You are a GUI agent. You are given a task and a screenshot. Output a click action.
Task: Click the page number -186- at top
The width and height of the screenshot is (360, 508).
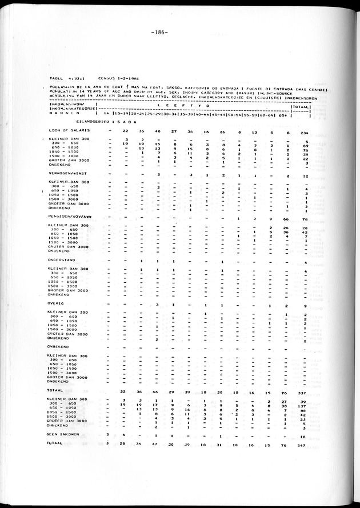(x=159, y=33)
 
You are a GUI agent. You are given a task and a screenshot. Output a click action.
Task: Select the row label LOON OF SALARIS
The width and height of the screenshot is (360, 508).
(x=68, y=131)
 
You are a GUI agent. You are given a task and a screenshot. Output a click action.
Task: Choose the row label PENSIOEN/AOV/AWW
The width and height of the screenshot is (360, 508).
(x=73, y=217)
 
